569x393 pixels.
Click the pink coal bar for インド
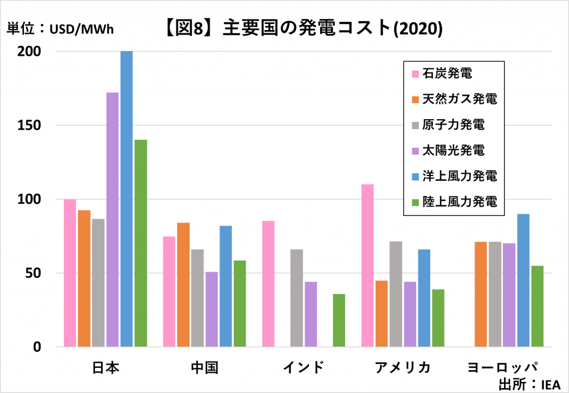pos(268,284)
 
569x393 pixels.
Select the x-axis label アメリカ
pos(402,368)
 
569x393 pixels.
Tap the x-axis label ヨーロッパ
pos(503,368)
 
